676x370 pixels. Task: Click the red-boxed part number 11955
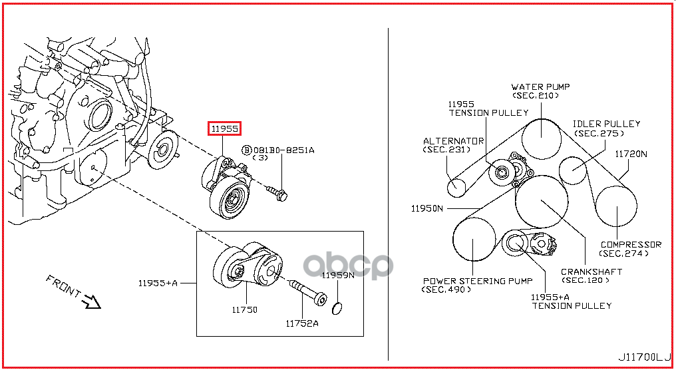(x=225, y=128)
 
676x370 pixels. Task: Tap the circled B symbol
(x=246, y=150)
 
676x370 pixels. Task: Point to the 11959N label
(x=338, y=275)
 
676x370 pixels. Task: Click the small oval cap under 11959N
(x=337, y=307)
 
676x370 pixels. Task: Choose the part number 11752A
(x=302, y=324)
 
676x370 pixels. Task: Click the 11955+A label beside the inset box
(x=158, y=283)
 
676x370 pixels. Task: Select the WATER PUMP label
(x=540, y=87)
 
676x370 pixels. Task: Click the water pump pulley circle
(x=540, y=138)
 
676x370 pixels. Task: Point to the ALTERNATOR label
(x=453, y=141)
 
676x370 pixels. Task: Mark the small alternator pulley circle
(x=455, y=186)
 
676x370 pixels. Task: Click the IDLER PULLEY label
(x=607, y=124)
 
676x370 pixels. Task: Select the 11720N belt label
(x=631, y=154)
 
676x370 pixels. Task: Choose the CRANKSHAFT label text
(x=591, y=272)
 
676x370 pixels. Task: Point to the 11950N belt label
(x=426, y=208)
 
